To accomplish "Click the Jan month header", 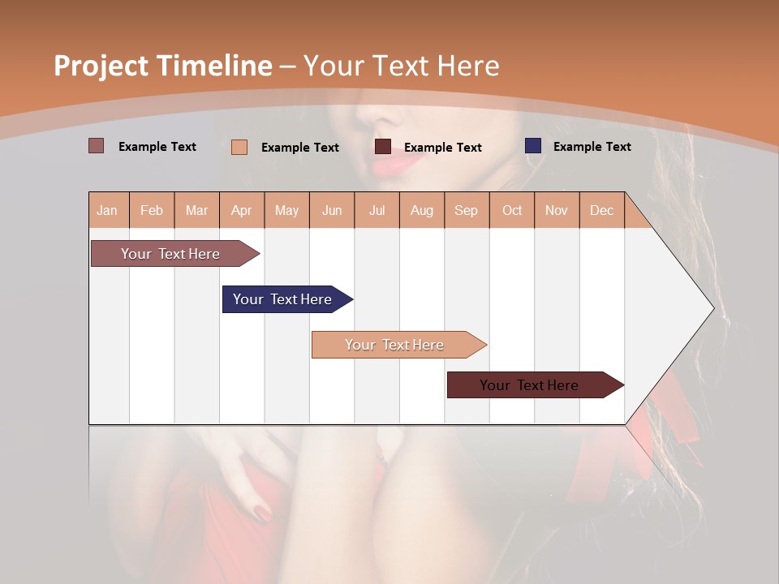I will tap(107, 210).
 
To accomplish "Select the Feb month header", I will tap(152, 210).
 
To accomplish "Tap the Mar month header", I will tap(196, 210).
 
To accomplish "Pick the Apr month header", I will tap(242, 210).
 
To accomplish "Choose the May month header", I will tap(286, 210).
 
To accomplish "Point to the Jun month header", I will tap(332, 210).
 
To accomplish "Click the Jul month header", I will tap(377, 210).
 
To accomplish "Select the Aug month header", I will tap(422, 210).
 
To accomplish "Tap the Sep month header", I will tap(467, 210).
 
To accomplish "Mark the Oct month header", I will tap(512, 210).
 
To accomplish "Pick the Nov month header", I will tap(557, 210).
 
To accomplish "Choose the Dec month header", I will tap(601, 210).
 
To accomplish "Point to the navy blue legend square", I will tap(533, 146).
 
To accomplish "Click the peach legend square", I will tap(239, 147).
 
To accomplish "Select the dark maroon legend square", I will tap(383, 147).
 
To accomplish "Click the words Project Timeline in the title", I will tap(163, 66).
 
